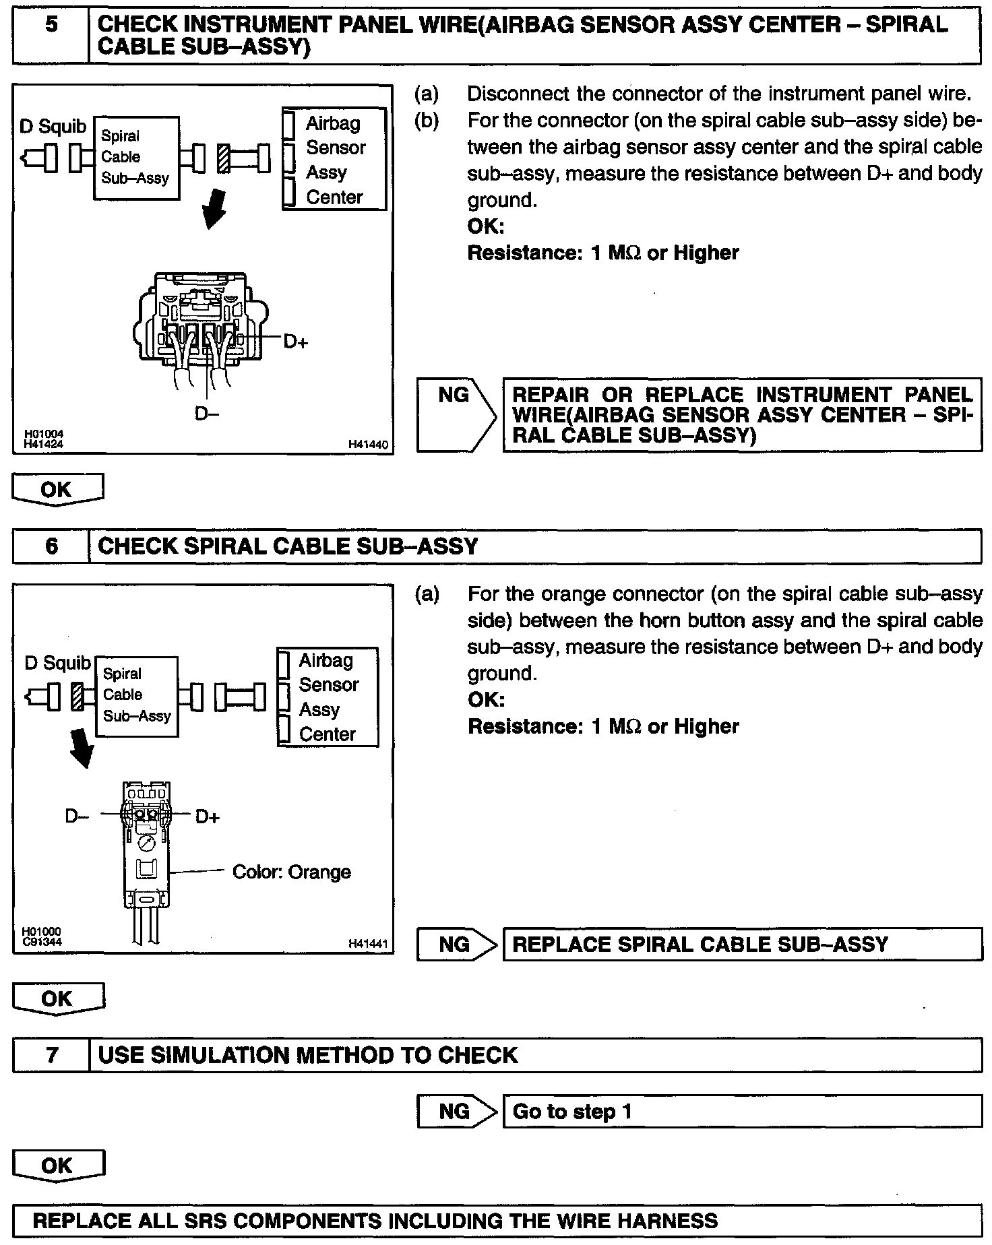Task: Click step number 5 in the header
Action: click(51, 26)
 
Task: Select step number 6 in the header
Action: click(51, 546)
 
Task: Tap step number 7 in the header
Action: click(52, 1054)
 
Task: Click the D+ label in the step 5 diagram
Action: click(295, 342)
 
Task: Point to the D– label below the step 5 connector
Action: click(207, 413)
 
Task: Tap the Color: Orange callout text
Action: click(291, 872)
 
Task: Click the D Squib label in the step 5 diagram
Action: click(53, 126)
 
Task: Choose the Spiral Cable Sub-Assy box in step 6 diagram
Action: click(137, 695)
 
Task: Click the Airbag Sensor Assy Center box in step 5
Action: click(334, 160)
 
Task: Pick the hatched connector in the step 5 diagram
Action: click(223, 158)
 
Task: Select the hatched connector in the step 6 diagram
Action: click(78, 696)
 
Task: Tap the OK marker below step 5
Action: click(57, 489)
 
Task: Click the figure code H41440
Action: click(368, 445)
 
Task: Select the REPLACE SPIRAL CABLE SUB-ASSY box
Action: click(742, 945)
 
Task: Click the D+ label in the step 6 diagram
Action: click(208, 817)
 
